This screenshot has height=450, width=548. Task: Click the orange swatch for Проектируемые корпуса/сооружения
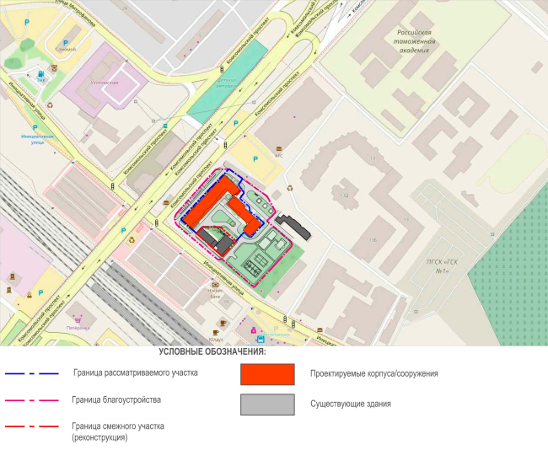(266, 373)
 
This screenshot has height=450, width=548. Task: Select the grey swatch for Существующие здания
(266, 404)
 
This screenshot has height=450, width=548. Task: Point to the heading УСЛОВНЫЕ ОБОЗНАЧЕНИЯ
(212, 351)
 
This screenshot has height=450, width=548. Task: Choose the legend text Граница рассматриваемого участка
(135, 372)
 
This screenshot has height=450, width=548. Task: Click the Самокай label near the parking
(65, 49)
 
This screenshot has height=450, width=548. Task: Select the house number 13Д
(344, 196)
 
